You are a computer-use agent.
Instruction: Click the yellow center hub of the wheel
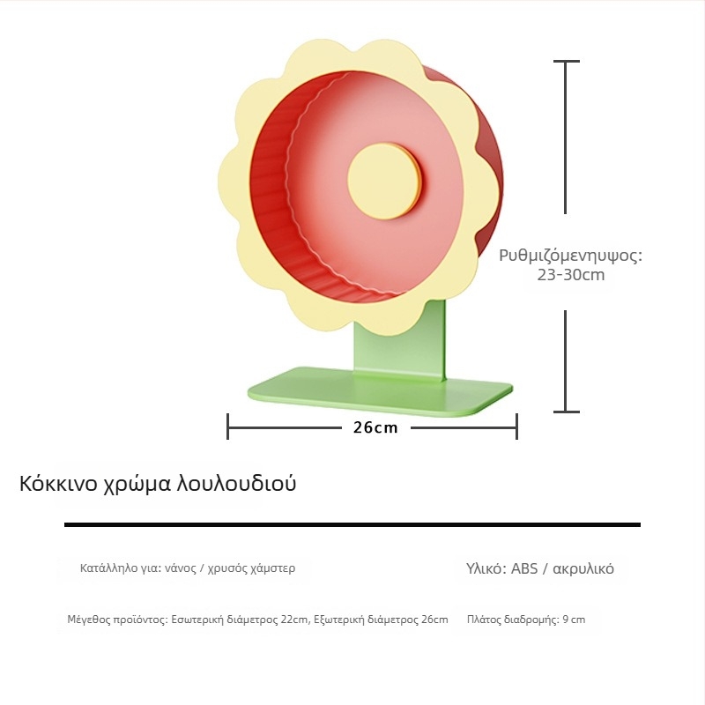coord(383,182)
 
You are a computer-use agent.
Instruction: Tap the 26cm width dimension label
coord(375,427)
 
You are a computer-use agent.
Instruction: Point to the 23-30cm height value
coord(570,275)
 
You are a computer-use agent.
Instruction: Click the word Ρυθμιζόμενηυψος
coord(570,256)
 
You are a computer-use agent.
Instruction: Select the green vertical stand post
coord(400,340)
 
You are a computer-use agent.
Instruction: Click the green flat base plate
coord(380,391)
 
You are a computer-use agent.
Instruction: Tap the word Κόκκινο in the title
coord(58,484)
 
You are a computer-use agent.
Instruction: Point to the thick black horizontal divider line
coord(352,524)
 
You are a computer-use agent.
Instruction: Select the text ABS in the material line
coord(524,568)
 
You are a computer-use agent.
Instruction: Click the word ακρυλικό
coord(583,569)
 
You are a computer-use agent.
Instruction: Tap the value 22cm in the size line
coord(294,620)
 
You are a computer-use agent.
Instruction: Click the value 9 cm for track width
coord(574,620)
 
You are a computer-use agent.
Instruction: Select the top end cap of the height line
coord(566,61)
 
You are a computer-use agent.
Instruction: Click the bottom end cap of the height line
coord(566,412)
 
